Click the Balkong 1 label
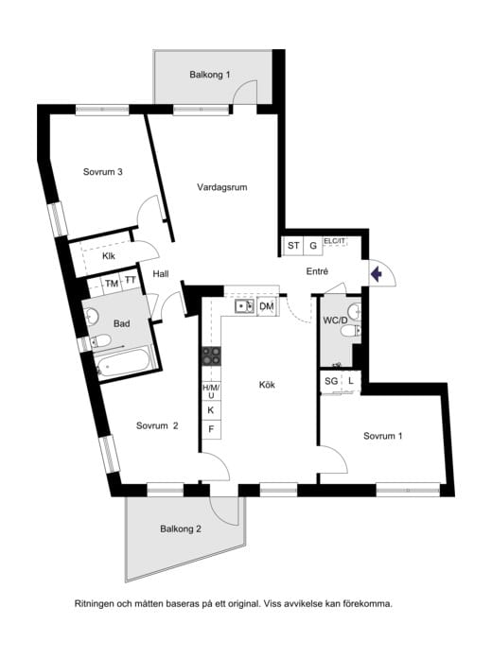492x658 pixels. point(210,75)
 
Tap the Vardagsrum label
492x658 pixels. point(221,187)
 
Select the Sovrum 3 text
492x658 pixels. point(102,172)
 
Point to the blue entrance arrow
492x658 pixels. point(376,274)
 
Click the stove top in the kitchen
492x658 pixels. point(212,355)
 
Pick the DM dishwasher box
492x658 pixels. point(267,306)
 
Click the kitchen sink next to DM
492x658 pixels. point(244,306)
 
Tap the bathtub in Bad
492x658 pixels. point(122,363)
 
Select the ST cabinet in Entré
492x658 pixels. point(293,246)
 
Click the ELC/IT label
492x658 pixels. point(334,241)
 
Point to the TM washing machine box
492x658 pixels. point(112,284)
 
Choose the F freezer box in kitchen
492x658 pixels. point(211,429)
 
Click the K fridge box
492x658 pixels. point(211,410)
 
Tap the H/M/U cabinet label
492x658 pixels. point(211,391)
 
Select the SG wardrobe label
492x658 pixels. point(331,381)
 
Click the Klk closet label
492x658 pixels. point(109,255)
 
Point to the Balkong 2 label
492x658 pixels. point(181,528)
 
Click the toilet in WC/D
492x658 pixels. point(349,332)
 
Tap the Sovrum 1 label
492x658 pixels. point(383,436)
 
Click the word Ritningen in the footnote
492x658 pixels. point(95,604)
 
